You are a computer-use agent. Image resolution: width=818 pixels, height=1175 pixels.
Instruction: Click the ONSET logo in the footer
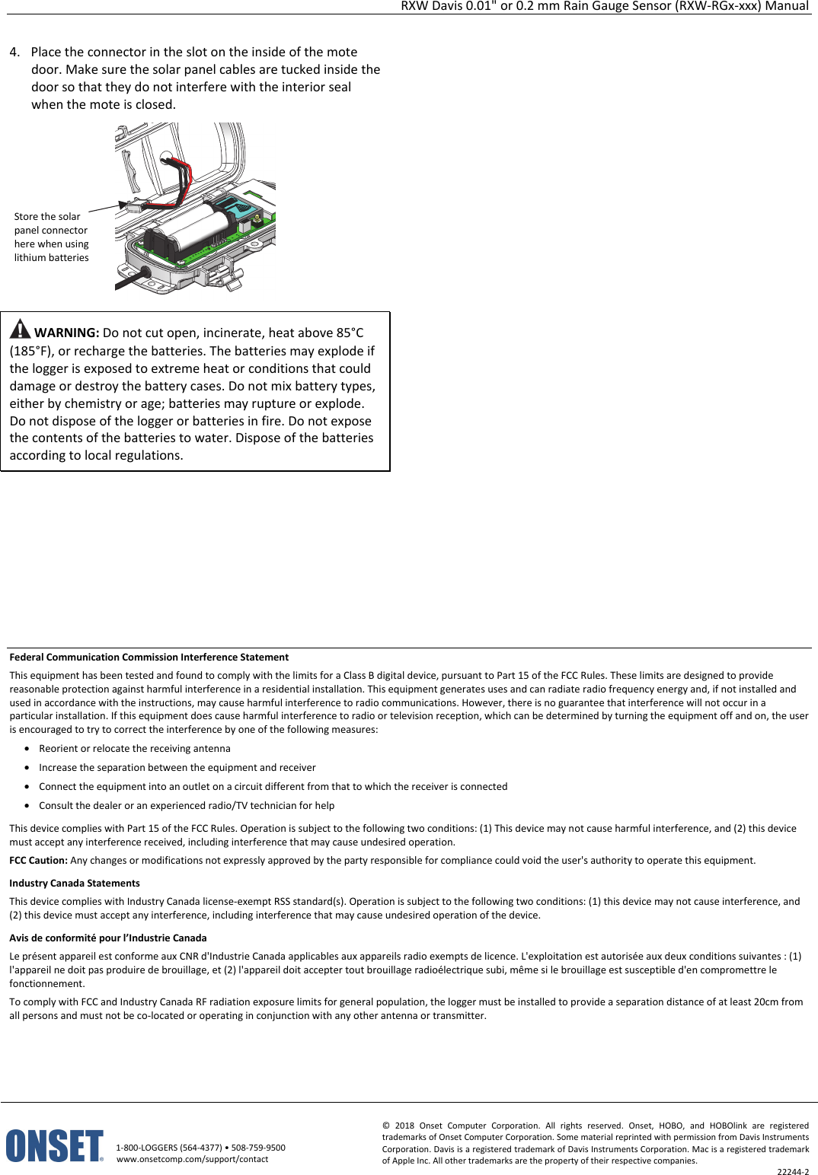pos(54,1145)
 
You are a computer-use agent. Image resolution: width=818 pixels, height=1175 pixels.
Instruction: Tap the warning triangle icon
pos(20,330)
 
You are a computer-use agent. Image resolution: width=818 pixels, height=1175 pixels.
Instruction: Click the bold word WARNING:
pos(67,333)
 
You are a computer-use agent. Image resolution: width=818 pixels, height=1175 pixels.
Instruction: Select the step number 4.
pos(14,52)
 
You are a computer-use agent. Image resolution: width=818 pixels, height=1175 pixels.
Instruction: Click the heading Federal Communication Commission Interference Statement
pos(149,658)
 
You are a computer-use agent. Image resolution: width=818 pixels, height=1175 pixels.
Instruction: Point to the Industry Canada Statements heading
pos(75,884)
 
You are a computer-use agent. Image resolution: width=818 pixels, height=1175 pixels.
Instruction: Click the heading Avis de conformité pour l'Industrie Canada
pos(108,938)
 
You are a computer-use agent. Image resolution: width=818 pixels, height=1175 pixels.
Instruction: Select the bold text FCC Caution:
pos(38,861)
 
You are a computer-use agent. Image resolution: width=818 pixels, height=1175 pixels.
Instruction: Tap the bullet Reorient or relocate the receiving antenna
pos(135,749)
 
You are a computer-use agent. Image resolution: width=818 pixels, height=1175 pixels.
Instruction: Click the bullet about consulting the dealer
pos(187,806)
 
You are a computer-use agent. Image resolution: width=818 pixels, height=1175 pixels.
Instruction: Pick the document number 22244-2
pos(793,1172)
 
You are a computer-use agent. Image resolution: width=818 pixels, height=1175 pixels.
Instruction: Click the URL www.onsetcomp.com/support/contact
pos(192,1159)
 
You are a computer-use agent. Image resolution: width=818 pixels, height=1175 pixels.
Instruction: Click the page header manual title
pos(604,6)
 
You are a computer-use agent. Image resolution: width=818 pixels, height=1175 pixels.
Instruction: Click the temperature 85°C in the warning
pos(350,333)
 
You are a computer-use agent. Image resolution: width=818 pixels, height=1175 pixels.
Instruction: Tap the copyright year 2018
pos(404,1126)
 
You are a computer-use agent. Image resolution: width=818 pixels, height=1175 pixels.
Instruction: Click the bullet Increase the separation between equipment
pos(177,768)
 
